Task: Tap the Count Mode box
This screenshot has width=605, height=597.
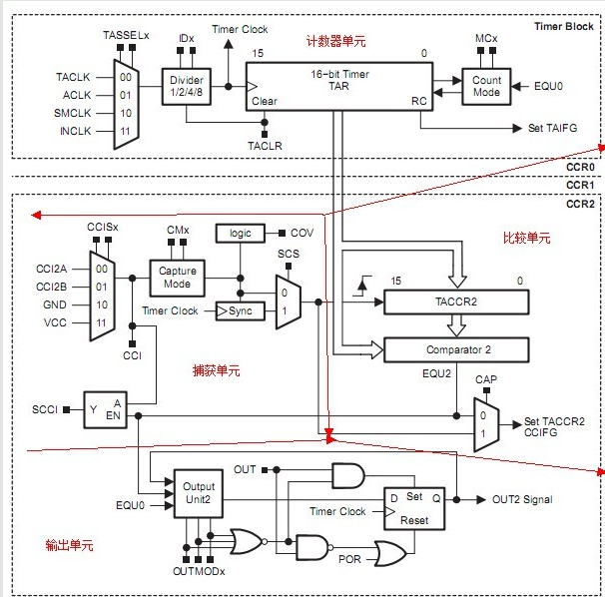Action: tap(487, 87)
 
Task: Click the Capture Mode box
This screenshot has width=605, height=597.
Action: tap(178, 278)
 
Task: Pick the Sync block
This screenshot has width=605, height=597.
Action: tap(240, 310)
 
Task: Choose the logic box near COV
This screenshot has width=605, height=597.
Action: tap(240, 232)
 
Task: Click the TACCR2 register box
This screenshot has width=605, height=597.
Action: tap(458, 301)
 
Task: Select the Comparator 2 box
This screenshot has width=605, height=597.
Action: tap(458, 349)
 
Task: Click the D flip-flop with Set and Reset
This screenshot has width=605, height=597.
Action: tap(414, 506)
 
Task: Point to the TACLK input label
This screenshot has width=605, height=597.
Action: tap(73, 76)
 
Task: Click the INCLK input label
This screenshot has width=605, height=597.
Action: tap(73, 130)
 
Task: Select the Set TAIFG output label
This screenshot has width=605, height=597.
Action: tap(552, 129)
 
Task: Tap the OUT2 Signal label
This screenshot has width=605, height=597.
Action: tap(521, 499)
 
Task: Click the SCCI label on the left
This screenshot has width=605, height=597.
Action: tap(45, 409)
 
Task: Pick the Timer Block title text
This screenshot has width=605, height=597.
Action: tap(564, 26)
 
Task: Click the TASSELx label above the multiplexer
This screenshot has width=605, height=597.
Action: tap(126, 35)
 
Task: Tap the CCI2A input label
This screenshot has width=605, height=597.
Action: tap(51, 269)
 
